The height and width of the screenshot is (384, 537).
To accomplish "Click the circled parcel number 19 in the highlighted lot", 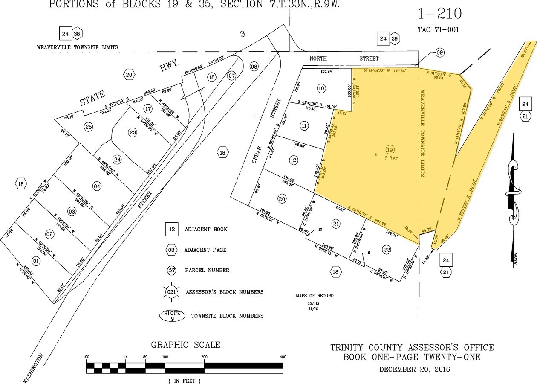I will [389, 149].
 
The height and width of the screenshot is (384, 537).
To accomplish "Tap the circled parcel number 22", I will [387, 250].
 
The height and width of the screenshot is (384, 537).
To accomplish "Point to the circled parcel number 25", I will [88, 126].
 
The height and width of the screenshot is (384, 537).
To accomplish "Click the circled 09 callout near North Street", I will [440, 53].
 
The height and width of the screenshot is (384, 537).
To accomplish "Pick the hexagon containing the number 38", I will [77, 33].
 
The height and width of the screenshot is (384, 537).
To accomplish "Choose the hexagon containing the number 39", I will [395, 38].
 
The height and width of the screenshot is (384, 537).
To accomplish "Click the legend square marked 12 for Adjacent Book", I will [172, 230].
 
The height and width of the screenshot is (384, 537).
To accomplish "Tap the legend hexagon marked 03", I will [172, 250].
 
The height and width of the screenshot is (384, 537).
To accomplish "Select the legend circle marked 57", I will [172, 270].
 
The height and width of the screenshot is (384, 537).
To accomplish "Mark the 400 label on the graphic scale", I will [283, 357].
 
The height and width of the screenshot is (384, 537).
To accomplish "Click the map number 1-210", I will [439, 14].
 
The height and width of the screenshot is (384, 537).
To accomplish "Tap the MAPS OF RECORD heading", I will [315, 296].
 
